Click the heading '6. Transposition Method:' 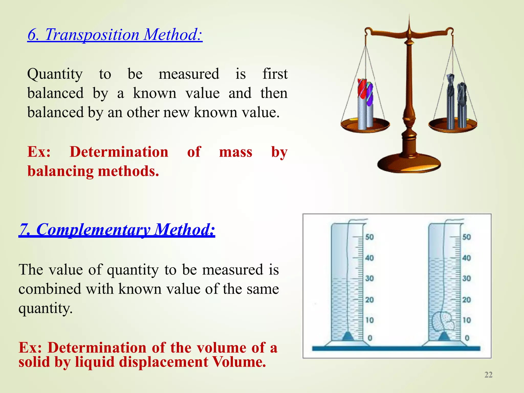[115, 35]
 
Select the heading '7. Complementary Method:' [117, 230]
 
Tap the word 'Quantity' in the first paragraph [55, 74]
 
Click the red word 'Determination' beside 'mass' [119, 152]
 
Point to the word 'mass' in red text [236, 152]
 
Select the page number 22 [488, 375]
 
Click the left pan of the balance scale [365, 125]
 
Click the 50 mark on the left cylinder [369, 237]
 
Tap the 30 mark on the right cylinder [466, 278]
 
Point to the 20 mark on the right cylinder [466, 300]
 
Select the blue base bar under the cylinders [396, 348]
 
